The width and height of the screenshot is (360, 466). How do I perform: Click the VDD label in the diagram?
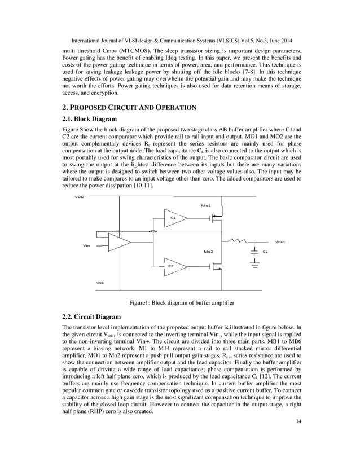pos(81,197)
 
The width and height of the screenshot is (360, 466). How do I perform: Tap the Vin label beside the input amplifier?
pos(86,245)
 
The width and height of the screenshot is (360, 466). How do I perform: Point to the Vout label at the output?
pos(279,242)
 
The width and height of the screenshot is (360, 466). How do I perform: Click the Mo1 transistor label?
pos(207,206)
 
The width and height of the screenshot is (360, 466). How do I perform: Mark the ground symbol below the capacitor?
pos(255,263)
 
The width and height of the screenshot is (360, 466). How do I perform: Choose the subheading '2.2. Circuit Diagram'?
pos(91,318)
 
